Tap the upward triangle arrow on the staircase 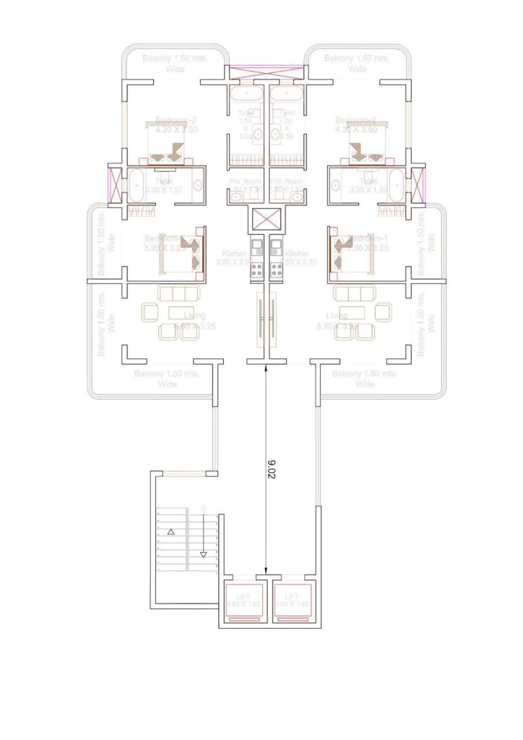point(171,532)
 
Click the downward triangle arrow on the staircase point(203,555)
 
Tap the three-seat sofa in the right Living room point(356,294)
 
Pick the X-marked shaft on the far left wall point(114,184)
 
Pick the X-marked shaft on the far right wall point(417,184)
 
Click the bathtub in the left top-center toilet point(246,94)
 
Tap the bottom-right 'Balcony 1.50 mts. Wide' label point(365,379)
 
